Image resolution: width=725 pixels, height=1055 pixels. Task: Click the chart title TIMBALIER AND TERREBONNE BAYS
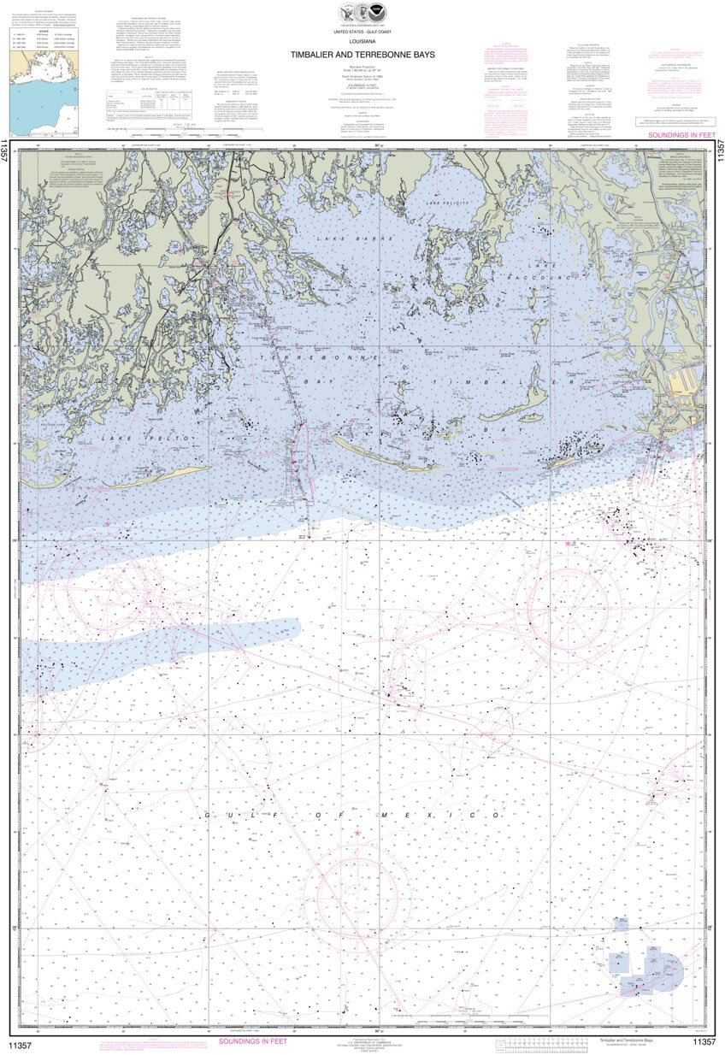[x=362, y=54]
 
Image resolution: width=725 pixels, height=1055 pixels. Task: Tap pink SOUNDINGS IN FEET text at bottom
[x=253, y=1040]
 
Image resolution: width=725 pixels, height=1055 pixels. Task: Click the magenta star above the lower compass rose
[x=357, y=832]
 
